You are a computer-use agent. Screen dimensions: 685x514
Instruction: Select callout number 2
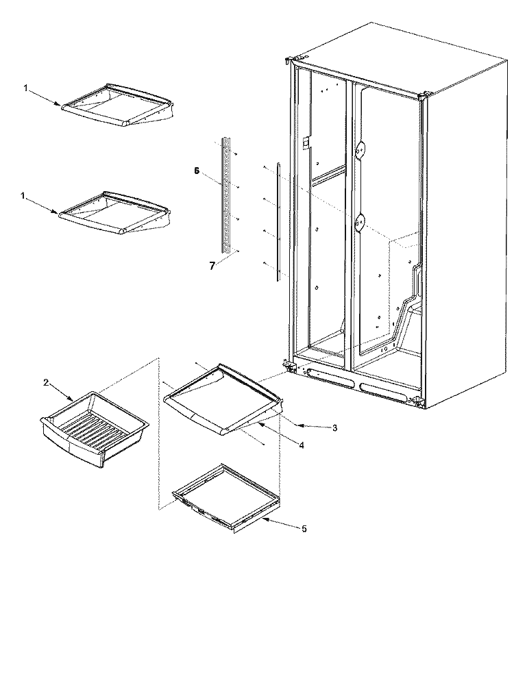pos(47,383)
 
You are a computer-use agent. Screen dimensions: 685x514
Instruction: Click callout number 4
pos(303,443)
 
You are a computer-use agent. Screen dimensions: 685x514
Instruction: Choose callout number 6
pos(196,172)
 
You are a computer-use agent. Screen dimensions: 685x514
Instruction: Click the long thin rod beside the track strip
pos(278,223)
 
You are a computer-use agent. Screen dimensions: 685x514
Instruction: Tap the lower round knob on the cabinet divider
pos(360,221)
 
